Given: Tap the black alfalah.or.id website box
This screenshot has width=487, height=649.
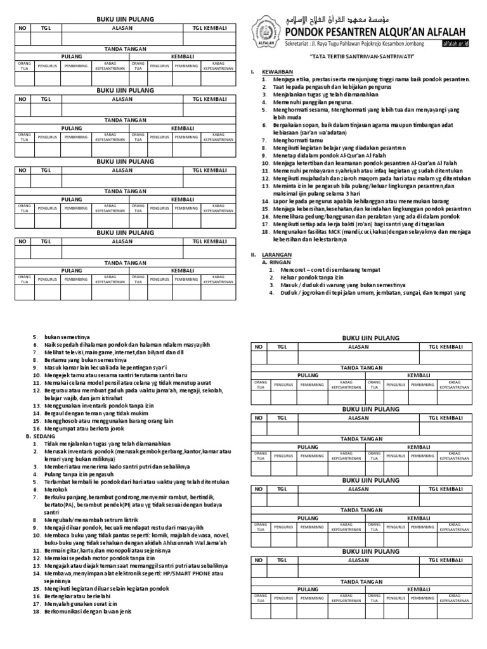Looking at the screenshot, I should pyautogui.click(x=455, y=44).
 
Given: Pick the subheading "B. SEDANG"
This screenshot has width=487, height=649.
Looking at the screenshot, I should pyautogui.click(x=41, y=436).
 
